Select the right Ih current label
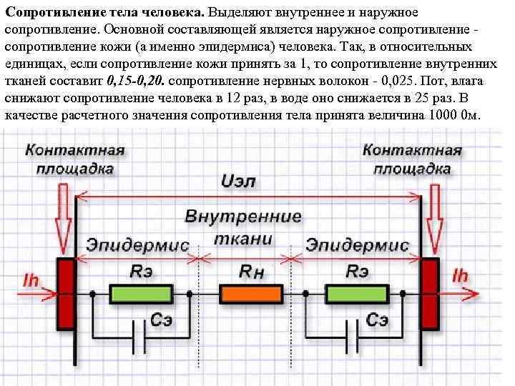(461, 276)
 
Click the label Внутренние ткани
(243, 227)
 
